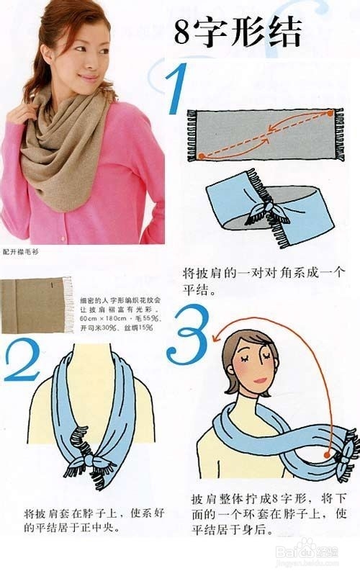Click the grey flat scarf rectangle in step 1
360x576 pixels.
(x=263, y=135)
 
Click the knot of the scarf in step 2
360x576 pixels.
(x=94, y=459)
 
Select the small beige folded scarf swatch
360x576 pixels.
(x=37, y=305)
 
